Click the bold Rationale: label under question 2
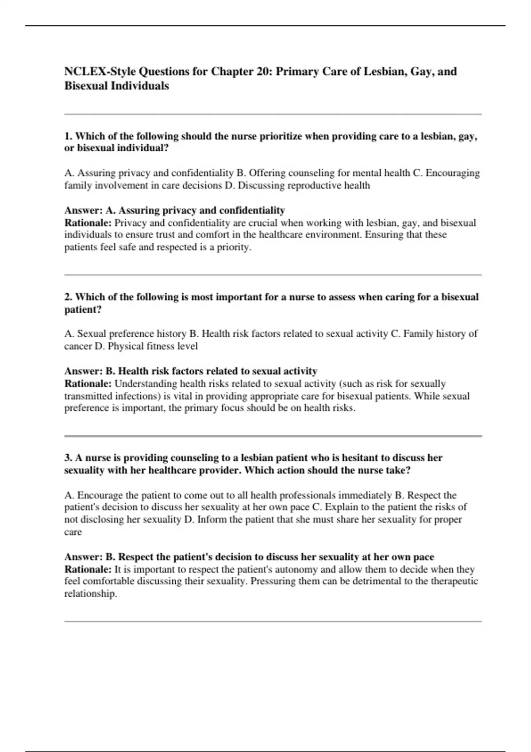88,384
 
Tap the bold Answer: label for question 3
83,557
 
